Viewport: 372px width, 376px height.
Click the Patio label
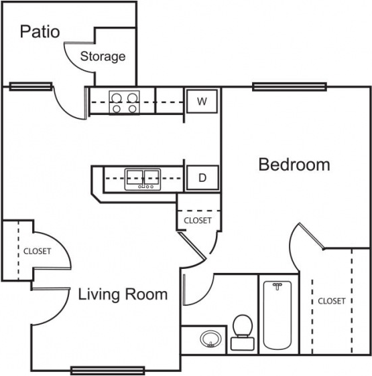[x=40, y=31]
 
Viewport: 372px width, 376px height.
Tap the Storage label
[x=103, y=56]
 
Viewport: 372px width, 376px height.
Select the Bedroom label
[x=294, y=165]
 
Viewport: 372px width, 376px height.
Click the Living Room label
[x=123, y=294]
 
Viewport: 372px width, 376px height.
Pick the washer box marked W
[x=202, y=102]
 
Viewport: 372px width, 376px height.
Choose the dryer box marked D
[x=202, y=179]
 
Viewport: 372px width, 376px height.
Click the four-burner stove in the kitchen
[x=124, y=102]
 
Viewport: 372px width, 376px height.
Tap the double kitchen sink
[x=142, y=179]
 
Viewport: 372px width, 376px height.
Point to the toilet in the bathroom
[x=242, y=333]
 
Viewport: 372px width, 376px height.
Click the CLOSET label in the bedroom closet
[x=332, y=301]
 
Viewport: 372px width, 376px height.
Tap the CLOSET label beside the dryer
[x=198, y=220]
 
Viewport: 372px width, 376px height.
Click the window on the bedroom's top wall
[x=289, y=86]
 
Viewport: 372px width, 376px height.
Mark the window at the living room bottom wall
[x=107, y=369]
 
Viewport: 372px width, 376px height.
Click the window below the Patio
[x=31, y=86]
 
